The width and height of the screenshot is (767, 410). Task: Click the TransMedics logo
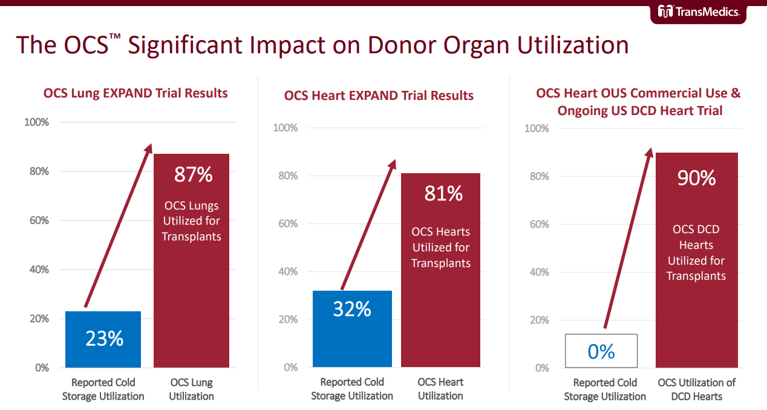698,11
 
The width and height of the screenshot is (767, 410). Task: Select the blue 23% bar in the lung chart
103,339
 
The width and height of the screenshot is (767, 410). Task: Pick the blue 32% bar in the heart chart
352,329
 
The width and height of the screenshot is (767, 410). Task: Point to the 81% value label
443,193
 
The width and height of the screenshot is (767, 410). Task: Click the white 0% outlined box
601,351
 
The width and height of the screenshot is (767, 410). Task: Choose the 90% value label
696,178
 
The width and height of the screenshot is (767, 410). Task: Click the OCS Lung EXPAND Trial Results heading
135,93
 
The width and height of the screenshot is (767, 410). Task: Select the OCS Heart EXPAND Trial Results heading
379,96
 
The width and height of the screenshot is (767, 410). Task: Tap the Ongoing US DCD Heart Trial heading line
640,111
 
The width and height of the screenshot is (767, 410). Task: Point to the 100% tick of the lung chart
36,122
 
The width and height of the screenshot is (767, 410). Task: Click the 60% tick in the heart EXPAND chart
286,224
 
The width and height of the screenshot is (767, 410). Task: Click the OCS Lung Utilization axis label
191,389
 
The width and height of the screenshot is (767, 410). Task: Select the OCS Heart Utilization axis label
440,389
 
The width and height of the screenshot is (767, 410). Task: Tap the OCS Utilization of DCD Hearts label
697,389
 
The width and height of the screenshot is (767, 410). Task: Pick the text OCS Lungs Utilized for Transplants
191,221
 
